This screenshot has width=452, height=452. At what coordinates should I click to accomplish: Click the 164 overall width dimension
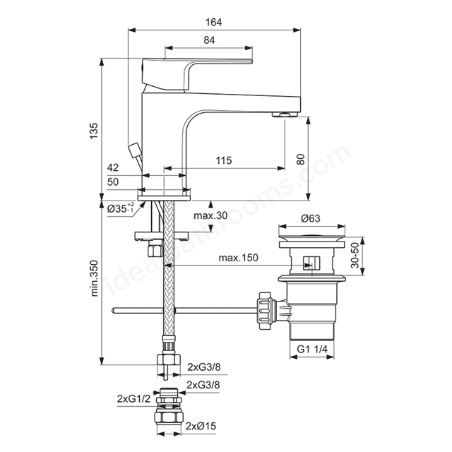(x=213, y=22)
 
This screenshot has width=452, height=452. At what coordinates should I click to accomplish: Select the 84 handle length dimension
(x=209, y=40)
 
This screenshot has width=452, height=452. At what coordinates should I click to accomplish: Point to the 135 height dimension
(x=94, y=131)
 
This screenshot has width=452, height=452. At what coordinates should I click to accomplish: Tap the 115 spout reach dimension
(x=224, y=160)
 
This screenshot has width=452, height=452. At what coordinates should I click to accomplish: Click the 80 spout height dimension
(x=301, y=160)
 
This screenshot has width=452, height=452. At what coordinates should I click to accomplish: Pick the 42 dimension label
(x=113, y=167)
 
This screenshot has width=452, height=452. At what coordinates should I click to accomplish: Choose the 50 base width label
(x=113, y=182)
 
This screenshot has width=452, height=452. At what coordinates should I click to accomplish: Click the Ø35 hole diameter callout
(x=120, y=208)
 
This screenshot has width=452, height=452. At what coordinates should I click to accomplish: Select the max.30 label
(x=210, y=215)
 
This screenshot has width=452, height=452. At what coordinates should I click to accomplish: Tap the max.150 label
(x=239, y=257)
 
